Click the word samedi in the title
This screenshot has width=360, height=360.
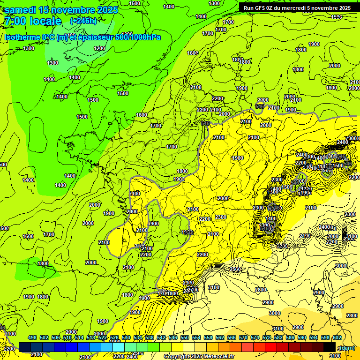coord(21,10)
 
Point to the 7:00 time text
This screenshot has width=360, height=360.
coord(15,22)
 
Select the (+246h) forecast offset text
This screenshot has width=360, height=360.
coord(83,21)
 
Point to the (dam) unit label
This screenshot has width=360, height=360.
coord(347,347)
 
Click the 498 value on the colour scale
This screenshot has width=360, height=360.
coord(32,337)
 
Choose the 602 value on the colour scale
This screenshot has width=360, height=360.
coord(337,337)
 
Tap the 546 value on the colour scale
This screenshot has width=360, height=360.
coord(173,337)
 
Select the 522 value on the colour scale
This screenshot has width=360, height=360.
coord(103,337)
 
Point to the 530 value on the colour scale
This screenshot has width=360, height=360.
coord(126,337)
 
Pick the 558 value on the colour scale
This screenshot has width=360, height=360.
coord(208,337)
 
